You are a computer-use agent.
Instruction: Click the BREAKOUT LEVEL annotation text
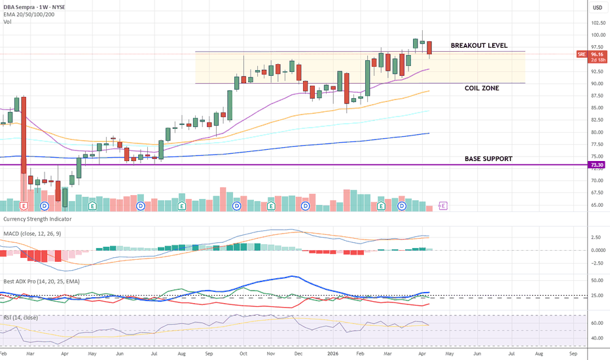(479, 46)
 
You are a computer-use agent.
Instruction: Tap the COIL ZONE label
(482, 88)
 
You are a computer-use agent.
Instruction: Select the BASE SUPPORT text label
(488, 159)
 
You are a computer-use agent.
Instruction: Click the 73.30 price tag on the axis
(597, 165)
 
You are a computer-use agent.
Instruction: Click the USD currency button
(598, 7)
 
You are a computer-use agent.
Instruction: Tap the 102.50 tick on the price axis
(598, 23)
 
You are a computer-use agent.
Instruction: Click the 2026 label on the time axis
(332, 353)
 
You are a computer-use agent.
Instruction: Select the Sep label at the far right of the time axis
(573, 353)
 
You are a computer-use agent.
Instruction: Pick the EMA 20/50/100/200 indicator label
(29, 14)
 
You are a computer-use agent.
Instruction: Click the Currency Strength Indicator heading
(37, 219)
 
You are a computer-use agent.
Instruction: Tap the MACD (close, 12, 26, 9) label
(32, 234)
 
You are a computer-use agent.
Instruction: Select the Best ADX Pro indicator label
(41, 281)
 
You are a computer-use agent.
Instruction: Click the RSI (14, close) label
(21, 317)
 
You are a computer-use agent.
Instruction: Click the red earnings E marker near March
(24, 206)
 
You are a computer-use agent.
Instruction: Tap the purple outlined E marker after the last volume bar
(442, 206)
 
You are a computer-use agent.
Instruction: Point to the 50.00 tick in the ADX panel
(597, 280)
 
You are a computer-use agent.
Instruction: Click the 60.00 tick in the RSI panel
(597, 323)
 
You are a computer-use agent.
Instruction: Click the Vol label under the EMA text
(7, 22)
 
